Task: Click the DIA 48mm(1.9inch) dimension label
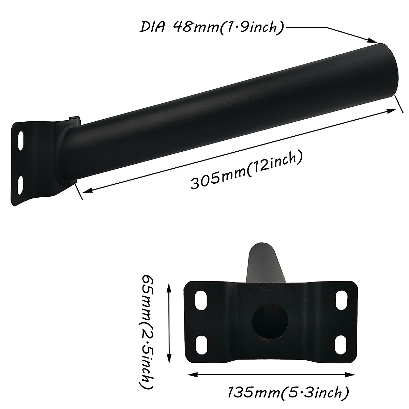(211, 27)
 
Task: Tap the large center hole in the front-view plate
(271, 321)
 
